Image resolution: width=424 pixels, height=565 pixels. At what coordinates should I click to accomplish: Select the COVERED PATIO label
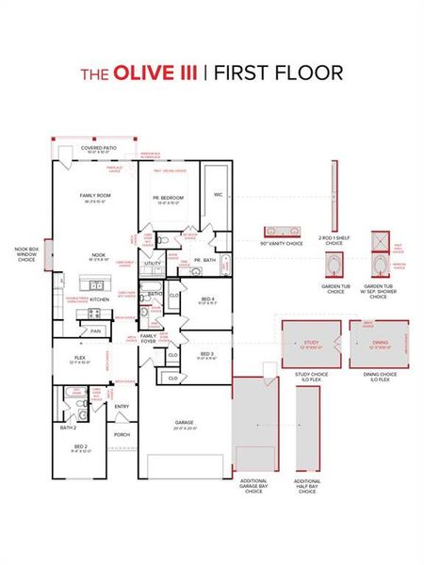pyautogui.click(x=99, y=149)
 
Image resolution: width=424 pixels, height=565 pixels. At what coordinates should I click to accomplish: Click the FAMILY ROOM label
pyautogui.click(x=97, y=196)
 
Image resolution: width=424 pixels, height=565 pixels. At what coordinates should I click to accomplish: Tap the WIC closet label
pyautogui.click(x=218, y=196)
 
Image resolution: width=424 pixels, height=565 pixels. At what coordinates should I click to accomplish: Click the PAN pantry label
pyautogui.click(x=95, y=331)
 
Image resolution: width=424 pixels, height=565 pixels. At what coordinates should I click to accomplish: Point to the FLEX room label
pyautogui.click(x=81, y=359)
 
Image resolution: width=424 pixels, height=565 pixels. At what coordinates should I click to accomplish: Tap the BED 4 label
pyautogui.click(x=208, y=300)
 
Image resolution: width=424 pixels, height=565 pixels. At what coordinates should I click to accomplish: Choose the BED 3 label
pyautogui.click(x=208, y=355)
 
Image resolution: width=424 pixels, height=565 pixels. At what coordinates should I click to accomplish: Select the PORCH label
pyautogui.click(x=122, y=435)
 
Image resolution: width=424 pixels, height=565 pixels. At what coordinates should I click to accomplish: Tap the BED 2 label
pyautogui.click(x=80, y=446)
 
